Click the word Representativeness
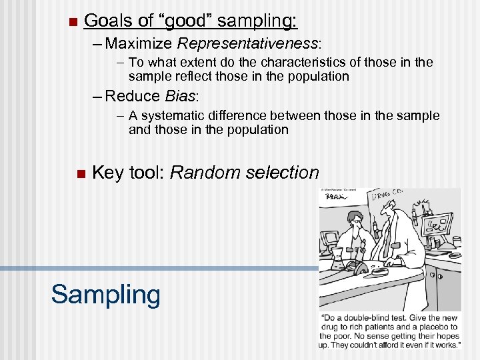[x=248, y=44]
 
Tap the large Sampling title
[x=106, y=294]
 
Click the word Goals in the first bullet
[x=105, y=21]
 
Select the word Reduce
[x=133, y=96]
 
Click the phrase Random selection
[x=245, y=173]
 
